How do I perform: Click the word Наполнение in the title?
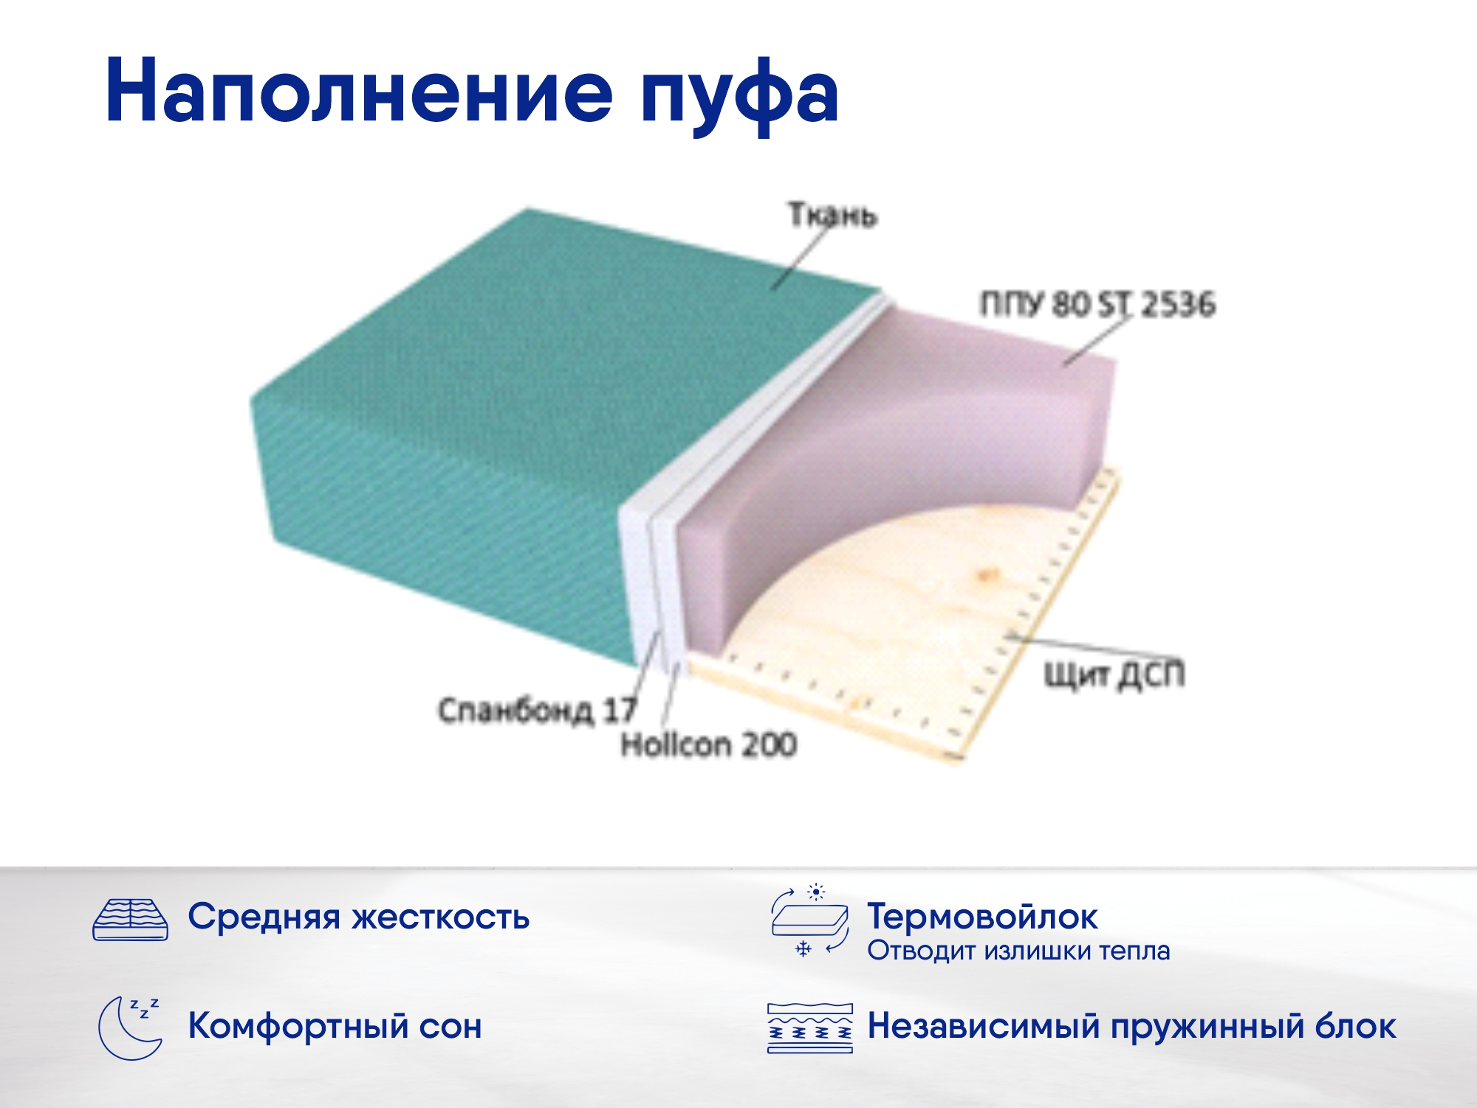click(359, 90)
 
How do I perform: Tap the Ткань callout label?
click(832, 215)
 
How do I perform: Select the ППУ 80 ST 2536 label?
click(1097, 304)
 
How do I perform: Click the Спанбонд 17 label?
click(537, 711)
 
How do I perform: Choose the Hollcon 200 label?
click(709, 745)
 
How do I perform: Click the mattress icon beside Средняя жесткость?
click(131, 920)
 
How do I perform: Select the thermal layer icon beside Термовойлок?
click(809, 921)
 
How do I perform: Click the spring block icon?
click(810, 1027)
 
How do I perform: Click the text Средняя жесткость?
click(359, 917)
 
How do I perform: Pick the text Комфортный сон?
click(335, 1026)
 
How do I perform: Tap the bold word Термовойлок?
click(983, 917)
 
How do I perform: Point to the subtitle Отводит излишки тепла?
click(1019, 951)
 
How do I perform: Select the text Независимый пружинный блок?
click(1132, 1026)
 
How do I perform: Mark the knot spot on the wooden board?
click(986, 574)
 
